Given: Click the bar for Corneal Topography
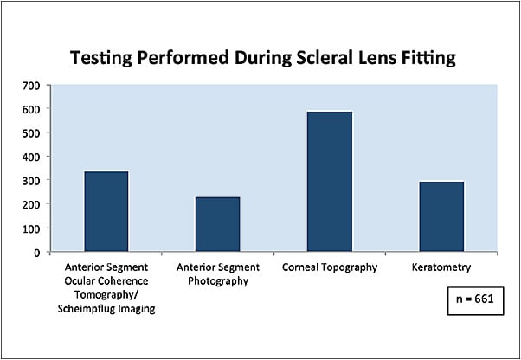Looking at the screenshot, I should click(x=330, y=182).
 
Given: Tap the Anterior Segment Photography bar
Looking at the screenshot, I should click(x=218, y=224).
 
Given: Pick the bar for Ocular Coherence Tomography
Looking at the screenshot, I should click(x=106, y=211).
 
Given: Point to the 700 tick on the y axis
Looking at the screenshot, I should click(x=29, y=85).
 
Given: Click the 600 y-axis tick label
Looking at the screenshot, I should click(x=29, y=109).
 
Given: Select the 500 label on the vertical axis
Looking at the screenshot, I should click(x=29, y=132).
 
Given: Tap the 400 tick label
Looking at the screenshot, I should click(x=29, y=157).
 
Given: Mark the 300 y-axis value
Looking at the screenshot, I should click(x=29, y=180).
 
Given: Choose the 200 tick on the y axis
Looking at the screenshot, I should click(x=29, y=204).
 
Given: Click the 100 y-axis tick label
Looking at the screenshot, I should click(x=29, y=228).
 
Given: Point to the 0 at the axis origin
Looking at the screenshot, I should click(x=35, y=252).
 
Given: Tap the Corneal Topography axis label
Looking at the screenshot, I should click(x=330, y=267).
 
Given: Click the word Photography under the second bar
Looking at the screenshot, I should click(x=218, y=281).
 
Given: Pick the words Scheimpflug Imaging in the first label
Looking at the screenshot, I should click(x=106, y=309).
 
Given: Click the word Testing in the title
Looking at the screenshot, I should click(x=100, y=59).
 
